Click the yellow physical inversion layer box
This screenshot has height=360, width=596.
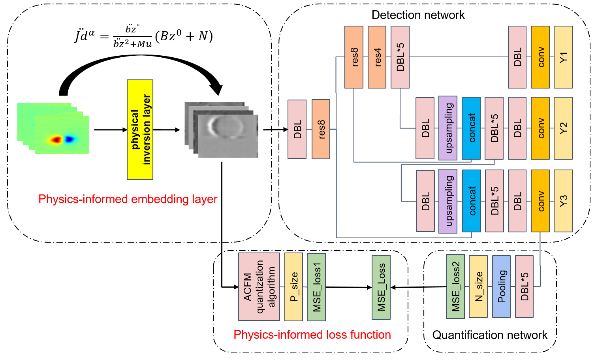140,130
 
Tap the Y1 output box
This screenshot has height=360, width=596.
563,57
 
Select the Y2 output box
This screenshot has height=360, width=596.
563,128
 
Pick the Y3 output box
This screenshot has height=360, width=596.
563,201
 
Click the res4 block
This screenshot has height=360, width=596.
377,57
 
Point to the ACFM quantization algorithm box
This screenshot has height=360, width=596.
259,286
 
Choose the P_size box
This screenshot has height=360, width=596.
293,286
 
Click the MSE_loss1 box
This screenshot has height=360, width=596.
316,286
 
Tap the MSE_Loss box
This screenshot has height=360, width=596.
381,287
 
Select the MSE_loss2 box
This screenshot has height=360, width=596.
455,286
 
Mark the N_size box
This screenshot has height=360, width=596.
478,286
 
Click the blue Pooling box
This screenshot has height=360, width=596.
501,286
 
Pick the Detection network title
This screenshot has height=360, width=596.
418,15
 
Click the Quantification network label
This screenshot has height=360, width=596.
490,335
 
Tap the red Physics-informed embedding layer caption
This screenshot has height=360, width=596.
128,199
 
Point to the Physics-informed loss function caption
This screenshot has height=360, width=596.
312,335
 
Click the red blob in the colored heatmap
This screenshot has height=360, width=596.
56,139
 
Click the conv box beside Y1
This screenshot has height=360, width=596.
540,57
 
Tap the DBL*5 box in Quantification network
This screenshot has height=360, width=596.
524,286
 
